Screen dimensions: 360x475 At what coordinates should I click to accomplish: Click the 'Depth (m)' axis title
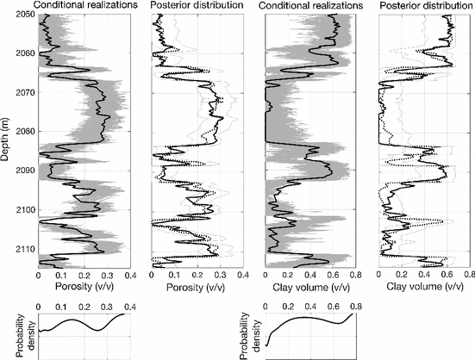pos(7,133)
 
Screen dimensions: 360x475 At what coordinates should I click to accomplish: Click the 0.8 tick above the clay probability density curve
pos(356,306)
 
